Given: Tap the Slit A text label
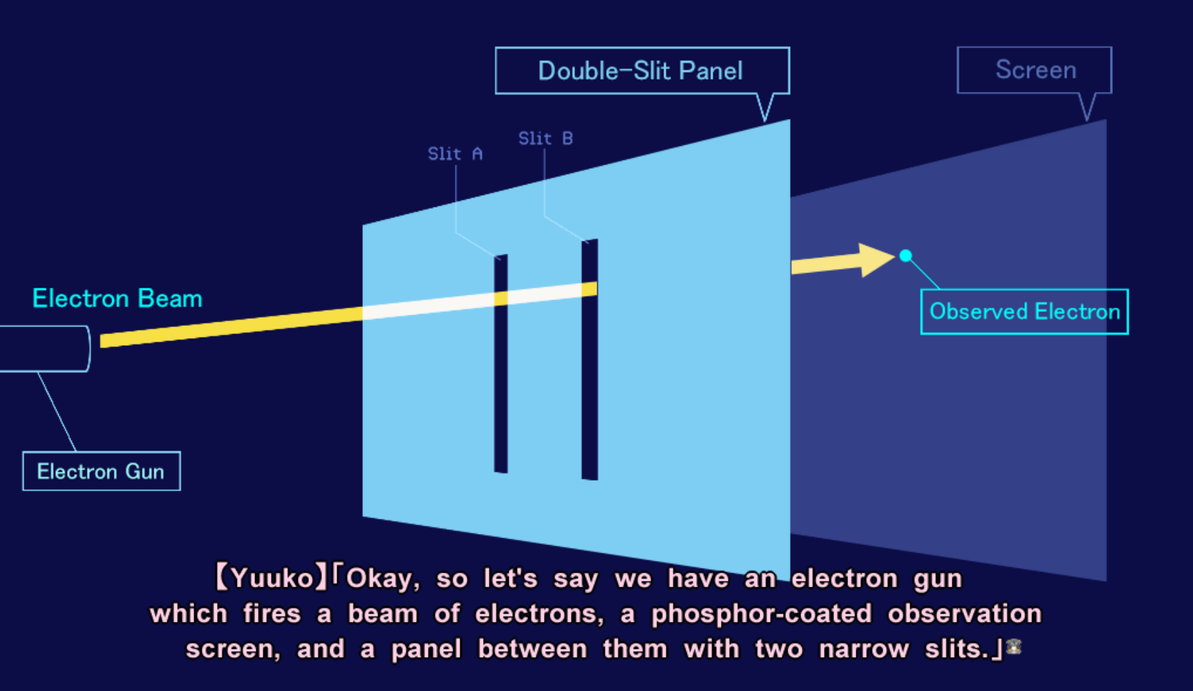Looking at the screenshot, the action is coord(455,154).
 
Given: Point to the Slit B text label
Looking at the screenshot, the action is coord(545,138).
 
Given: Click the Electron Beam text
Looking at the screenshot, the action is coord(118,298).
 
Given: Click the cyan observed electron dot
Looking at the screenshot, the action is coord(905,256).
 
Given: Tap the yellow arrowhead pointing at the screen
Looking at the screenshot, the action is coord(876,260).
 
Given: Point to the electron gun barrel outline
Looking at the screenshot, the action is coord(88,349).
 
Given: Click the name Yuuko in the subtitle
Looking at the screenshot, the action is coord(272,578).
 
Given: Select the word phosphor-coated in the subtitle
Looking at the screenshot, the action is coord(762,614).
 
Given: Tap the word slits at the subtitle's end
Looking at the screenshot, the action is coord(957,649).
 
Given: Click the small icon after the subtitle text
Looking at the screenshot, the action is coord(1014,647).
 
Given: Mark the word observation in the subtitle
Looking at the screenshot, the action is coord(964,614).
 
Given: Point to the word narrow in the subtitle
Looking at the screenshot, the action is coord(864,649).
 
